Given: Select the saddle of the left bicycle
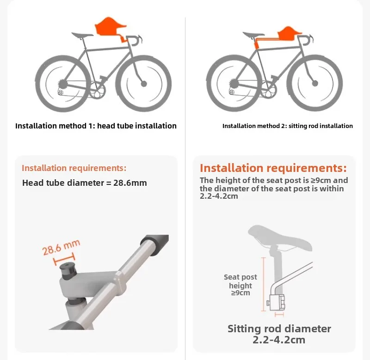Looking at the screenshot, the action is tap(82, 35).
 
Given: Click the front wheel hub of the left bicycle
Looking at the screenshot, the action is tap(144, 84).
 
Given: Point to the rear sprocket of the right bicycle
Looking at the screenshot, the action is tap(234, 84).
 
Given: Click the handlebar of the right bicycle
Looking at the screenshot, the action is tap(306, 39).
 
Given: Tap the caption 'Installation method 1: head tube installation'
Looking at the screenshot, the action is tap(96, 126).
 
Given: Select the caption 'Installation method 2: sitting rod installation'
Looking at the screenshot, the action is tap(287, 126).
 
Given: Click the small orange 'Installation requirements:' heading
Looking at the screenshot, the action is tap(74, 168).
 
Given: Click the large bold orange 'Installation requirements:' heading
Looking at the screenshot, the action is tap(273, 168).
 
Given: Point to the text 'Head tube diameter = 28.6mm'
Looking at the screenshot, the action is tap(85, 183).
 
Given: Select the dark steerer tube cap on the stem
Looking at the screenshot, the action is tap(68, 271).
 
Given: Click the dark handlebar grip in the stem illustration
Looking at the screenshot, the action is tap(155, 244).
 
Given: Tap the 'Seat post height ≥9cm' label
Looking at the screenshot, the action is tap(240, 285).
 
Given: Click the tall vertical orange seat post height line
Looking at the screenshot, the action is tap(263, 284).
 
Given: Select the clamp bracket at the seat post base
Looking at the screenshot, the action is tap(276, 302).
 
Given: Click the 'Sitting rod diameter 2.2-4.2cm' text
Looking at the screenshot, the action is tap(279, 334).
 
